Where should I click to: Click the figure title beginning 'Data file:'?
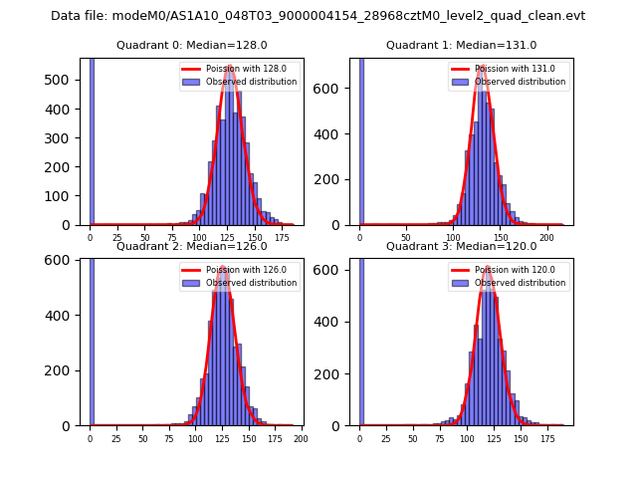[x=318, y=16]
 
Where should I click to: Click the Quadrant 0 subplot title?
[x=191, y=45]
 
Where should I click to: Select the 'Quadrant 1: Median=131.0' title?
[x=461, y=45]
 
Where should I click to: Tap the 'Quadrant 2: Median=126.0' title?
[x=191, y=246]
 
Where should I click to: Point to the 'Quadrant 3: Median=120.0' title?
[x=461, y=246]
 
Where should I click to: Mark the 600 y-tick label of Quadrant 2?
[x=62, y=260]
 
